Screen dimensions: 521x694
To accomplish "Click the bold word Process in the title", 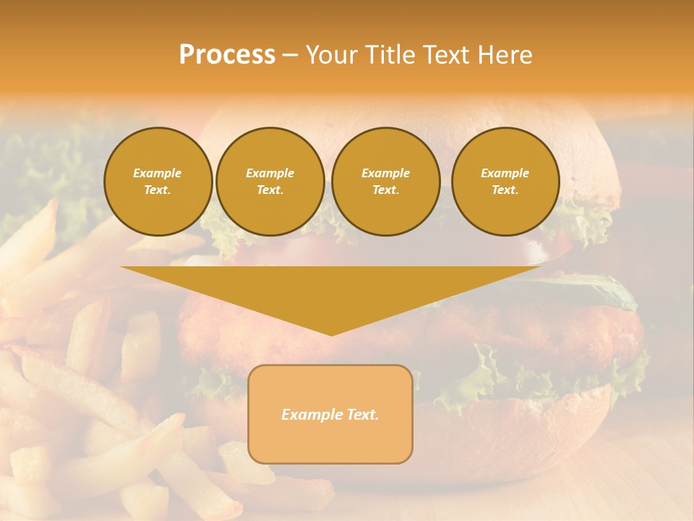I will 227,55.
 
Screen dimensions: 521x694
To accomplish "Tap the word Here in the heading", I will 506,55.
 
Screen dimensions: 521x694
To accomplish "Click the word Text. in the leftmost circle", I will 158,190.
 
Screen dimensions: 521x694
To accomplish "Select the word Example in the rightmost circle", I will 505,173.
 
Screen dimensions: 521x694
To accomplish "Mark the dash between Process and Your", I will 291,56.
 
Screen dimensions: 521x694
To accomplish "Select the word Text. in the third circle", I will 385,190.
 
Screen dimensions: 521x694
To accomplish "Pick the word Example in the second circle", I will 270,173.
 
